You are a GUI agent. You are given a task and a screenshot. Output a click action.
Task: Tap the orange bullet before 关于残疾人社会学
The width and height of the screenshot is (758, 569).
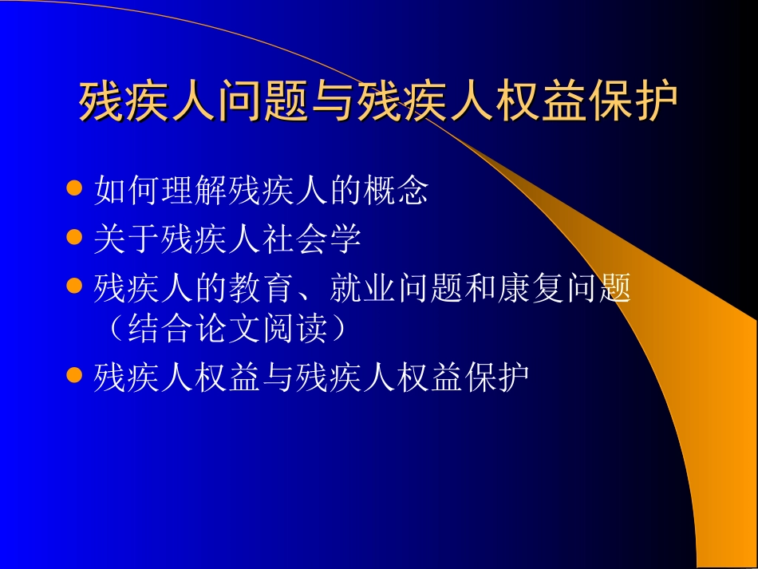(74, 237)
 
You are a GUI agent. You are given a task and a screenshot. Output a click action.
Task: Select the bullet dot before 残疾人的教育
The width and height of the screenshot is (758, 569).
(74, 286)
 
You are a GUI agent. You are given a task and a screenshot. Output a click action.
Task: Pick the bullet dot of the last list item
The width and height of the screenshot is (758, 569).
(74, 374)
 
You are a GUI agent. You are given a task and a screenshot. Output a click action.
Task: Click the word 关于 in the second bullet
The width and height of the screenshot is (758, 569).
(127, 239)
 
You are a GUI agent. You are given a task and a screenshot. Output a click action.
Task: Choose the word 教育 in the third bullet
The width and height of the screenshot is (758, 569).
(261, 288)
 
